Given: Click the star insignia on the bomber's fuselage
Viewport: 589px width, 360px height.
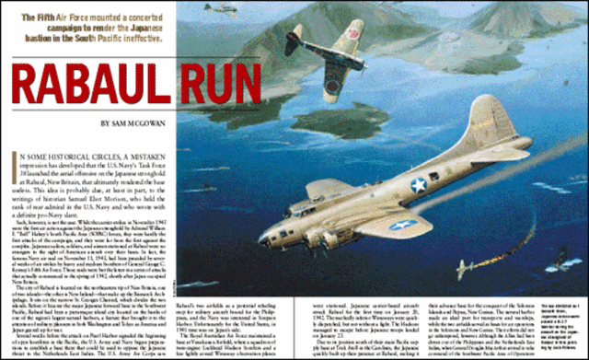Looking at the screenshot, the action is pos(418,185).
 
